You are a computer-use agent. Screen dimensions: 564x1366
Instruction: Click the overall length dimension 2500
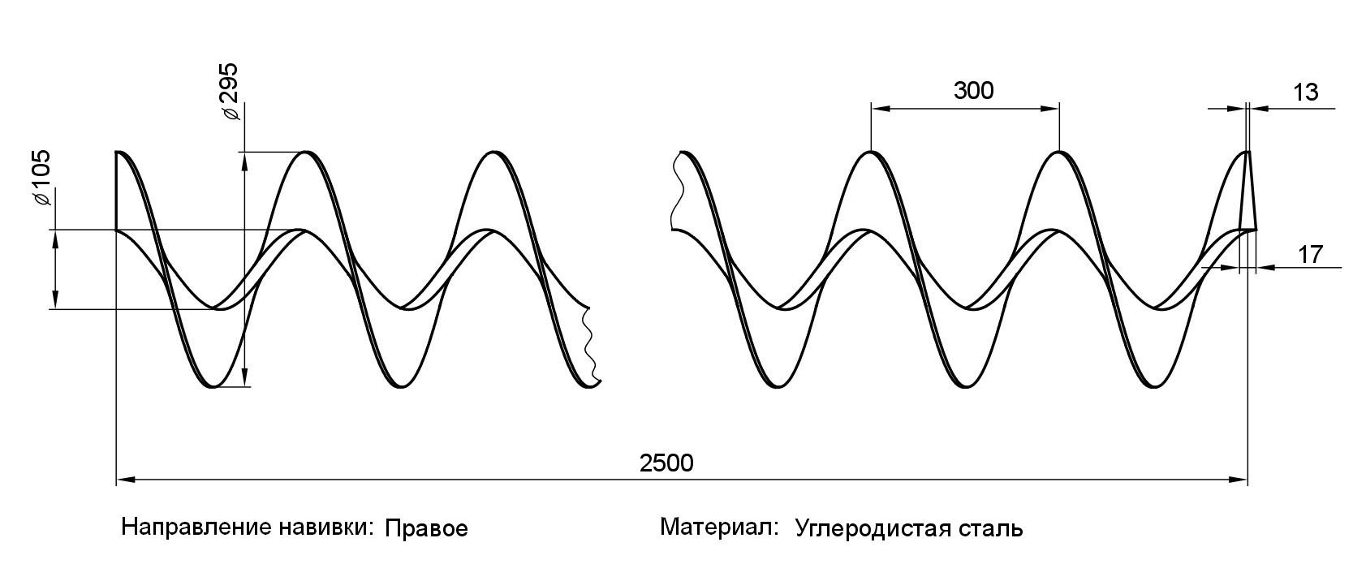coord(666,463)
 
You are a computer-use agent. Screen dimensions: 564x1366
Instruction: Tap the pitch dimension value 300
coord(973,91)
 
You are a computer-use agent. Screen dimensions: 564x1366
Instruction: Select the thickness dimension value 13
coord(1305,93)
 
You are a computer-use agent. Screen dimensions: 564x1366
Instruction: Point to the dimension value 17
coord(1310,255)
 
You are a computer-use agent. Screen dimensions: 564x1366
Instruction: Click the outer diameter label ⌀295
coord(231,91)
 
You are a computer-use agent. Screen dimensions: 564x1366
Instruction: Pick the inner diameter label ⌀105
coord(41,178)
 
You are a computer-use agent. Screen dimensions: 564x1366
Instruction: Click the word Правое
coord(426,529)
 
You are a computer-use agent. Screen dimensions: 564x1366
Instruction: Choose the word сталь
coord(994,529)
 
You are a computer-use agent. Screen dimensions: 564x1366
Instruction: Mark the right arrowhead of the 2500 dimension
coord(1240,480)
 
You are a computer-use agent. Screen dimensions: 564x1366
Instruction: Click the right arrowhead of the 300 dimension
coord(1053,107)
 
